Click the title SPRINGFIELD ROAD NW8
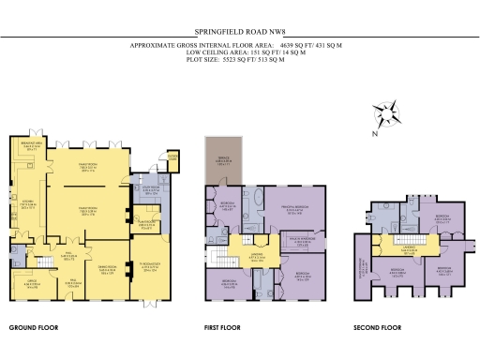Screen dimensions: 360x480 (x=239, y=30)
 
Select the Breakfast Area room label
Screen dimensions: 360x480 (x=29, y=146)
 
